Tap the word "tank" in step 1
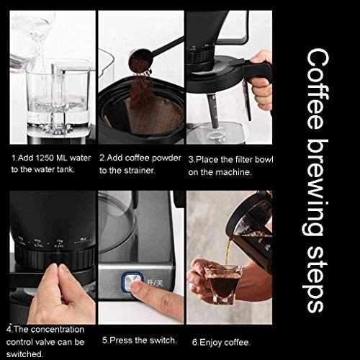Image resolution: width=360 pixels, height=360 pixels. pos(66,169)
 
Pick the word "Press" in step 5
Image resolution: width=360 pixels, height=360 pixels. pos(121,340)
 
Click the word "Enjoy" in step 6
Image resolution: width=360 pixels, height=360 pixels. pos(210,343)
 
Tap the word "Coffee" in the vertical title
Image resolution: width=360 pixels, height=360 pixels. pos(318,89)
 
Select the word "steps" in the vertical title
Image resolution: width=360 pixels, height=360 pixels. pos(315,279)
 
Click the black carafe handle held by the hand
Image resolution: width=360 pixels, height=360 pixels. pos(257,72)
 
